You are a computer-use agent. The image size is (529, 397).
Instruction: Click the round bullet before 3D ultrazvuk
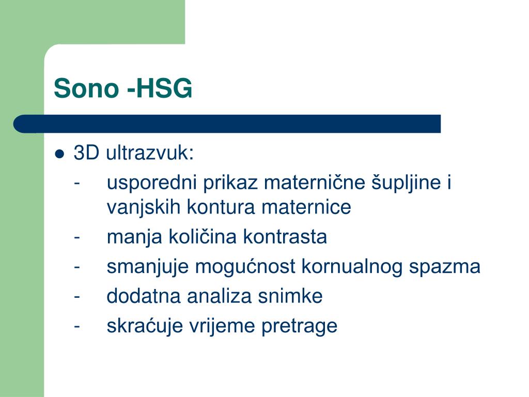(x=60, y=154)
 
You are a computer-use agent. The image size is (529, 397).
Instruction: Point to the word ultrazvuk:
(x=150, y=154)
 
